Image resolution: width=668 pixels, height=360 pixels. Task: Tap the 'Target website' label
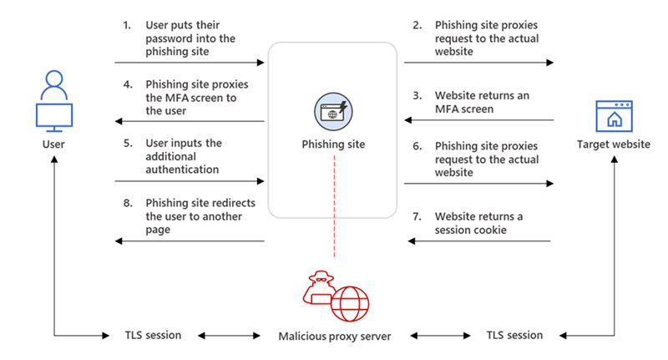[613, 145]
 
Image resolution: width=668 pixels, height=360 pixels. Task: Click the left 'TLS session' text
[146, 336]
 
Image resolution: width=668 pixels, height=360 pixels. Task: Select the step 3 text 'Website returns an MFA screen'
[481, 102]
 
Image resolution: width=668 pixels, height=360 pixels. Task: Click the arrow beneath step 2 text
[479, 63]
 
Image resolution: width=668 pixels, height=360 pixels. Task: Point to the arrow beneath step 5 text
[190, 180]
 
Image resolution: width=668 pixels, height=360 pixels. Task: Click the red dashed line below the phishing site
[333, 238]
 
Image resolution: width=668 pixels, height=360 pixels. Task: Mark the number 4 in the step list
[127, 84]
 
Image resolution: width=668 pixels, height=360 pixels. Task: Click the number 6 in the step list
[416, 146]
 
